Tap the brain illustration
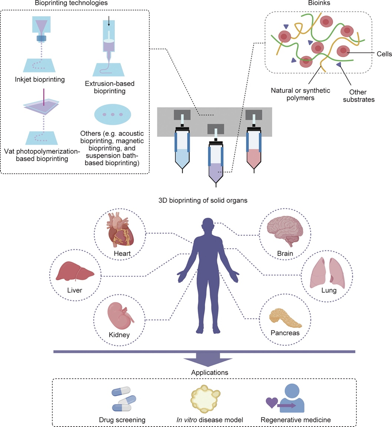pyautogui.click(x=283, y=233)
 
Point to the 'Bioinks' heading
pyautogui.click(x=317, y=3)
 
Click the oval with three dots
pyautogui.click(x=113, y=115)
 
